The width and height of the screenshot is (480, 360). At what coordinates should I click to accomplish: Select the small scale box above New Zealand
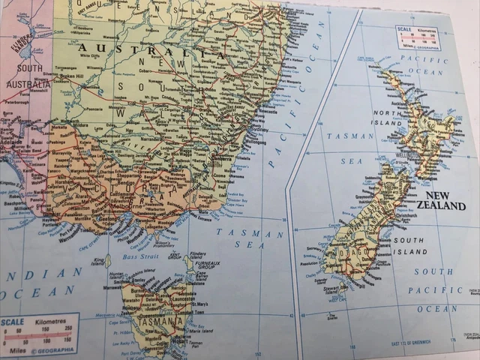(418, 37)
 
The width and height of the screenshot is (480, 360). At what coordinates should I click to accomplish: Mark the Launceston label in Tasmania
(175, 297)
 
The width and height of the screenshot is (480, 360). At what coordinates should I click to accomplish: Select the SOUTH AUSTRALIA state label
(28, 77)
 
